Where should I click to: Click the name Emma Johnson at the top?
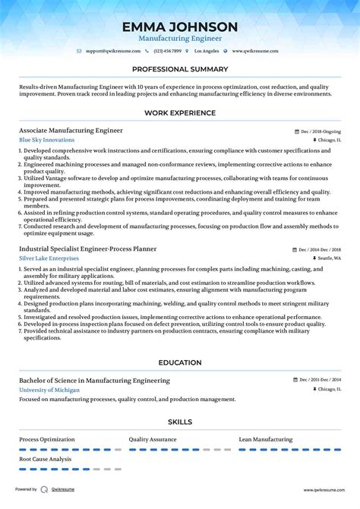coord(179,27)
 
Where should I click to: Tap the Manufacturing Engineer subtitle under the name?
coord(179,39)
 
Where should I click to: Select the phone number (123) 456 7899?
coord(167,51)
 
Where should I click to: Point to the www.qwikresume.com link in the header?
coord(255,51)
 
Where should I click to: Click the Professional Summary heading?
coord(179,69)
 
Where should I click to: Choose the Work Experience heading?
coord(179,114)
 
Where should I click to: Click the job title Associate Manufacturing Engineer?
coord(71,131)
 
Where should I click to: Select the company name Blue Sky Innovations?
coord(47,141)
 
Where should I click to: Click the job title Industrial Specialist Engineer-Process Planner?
coord(90,249)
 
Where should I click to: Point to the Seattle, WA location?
coord(329,258)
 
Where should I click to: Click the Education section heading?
coord(179,362)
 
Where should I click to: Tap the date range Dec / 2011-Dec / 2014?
coord(320,381)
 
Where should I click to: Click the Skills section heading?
coord(179,422)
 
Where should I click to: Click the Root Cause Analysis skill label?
coord(46,459)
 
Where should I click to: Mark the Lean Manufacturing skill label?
coord(266,439)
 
